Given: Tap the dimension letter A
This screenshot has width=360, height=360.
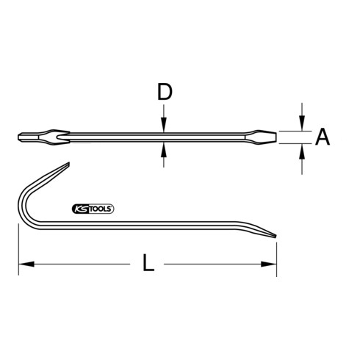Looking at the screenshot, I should pyautogui.click(x=322, y=137).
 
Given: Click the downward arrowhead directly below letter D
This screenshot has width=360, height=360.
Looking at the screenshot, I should pyautogui.click(x=163, y=125).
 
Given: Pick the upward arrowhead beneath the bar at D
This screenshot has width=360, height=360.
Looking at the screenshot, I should pyautogui.click(x=163, y=148).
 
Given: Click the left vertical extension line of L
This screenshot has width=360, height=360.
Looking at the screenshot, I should pyautogui.click(x=18, y=253).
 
